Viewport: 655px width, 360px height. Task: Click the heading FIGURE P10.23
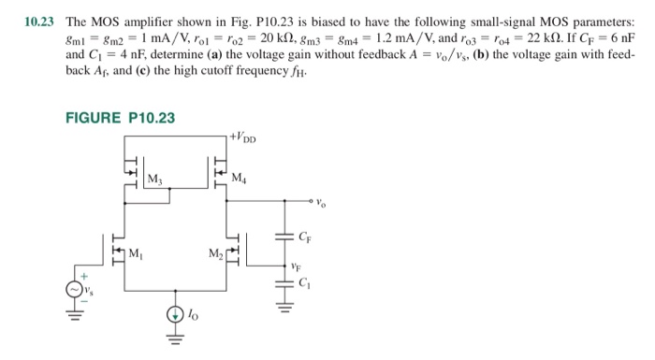point(120,117)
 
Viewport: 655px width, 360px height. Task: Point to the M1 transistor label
point(137,254)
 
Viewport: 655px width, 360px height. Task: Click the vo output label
point(322,200)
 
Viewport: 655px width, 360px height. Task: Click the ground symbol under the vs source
point(73,314)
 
